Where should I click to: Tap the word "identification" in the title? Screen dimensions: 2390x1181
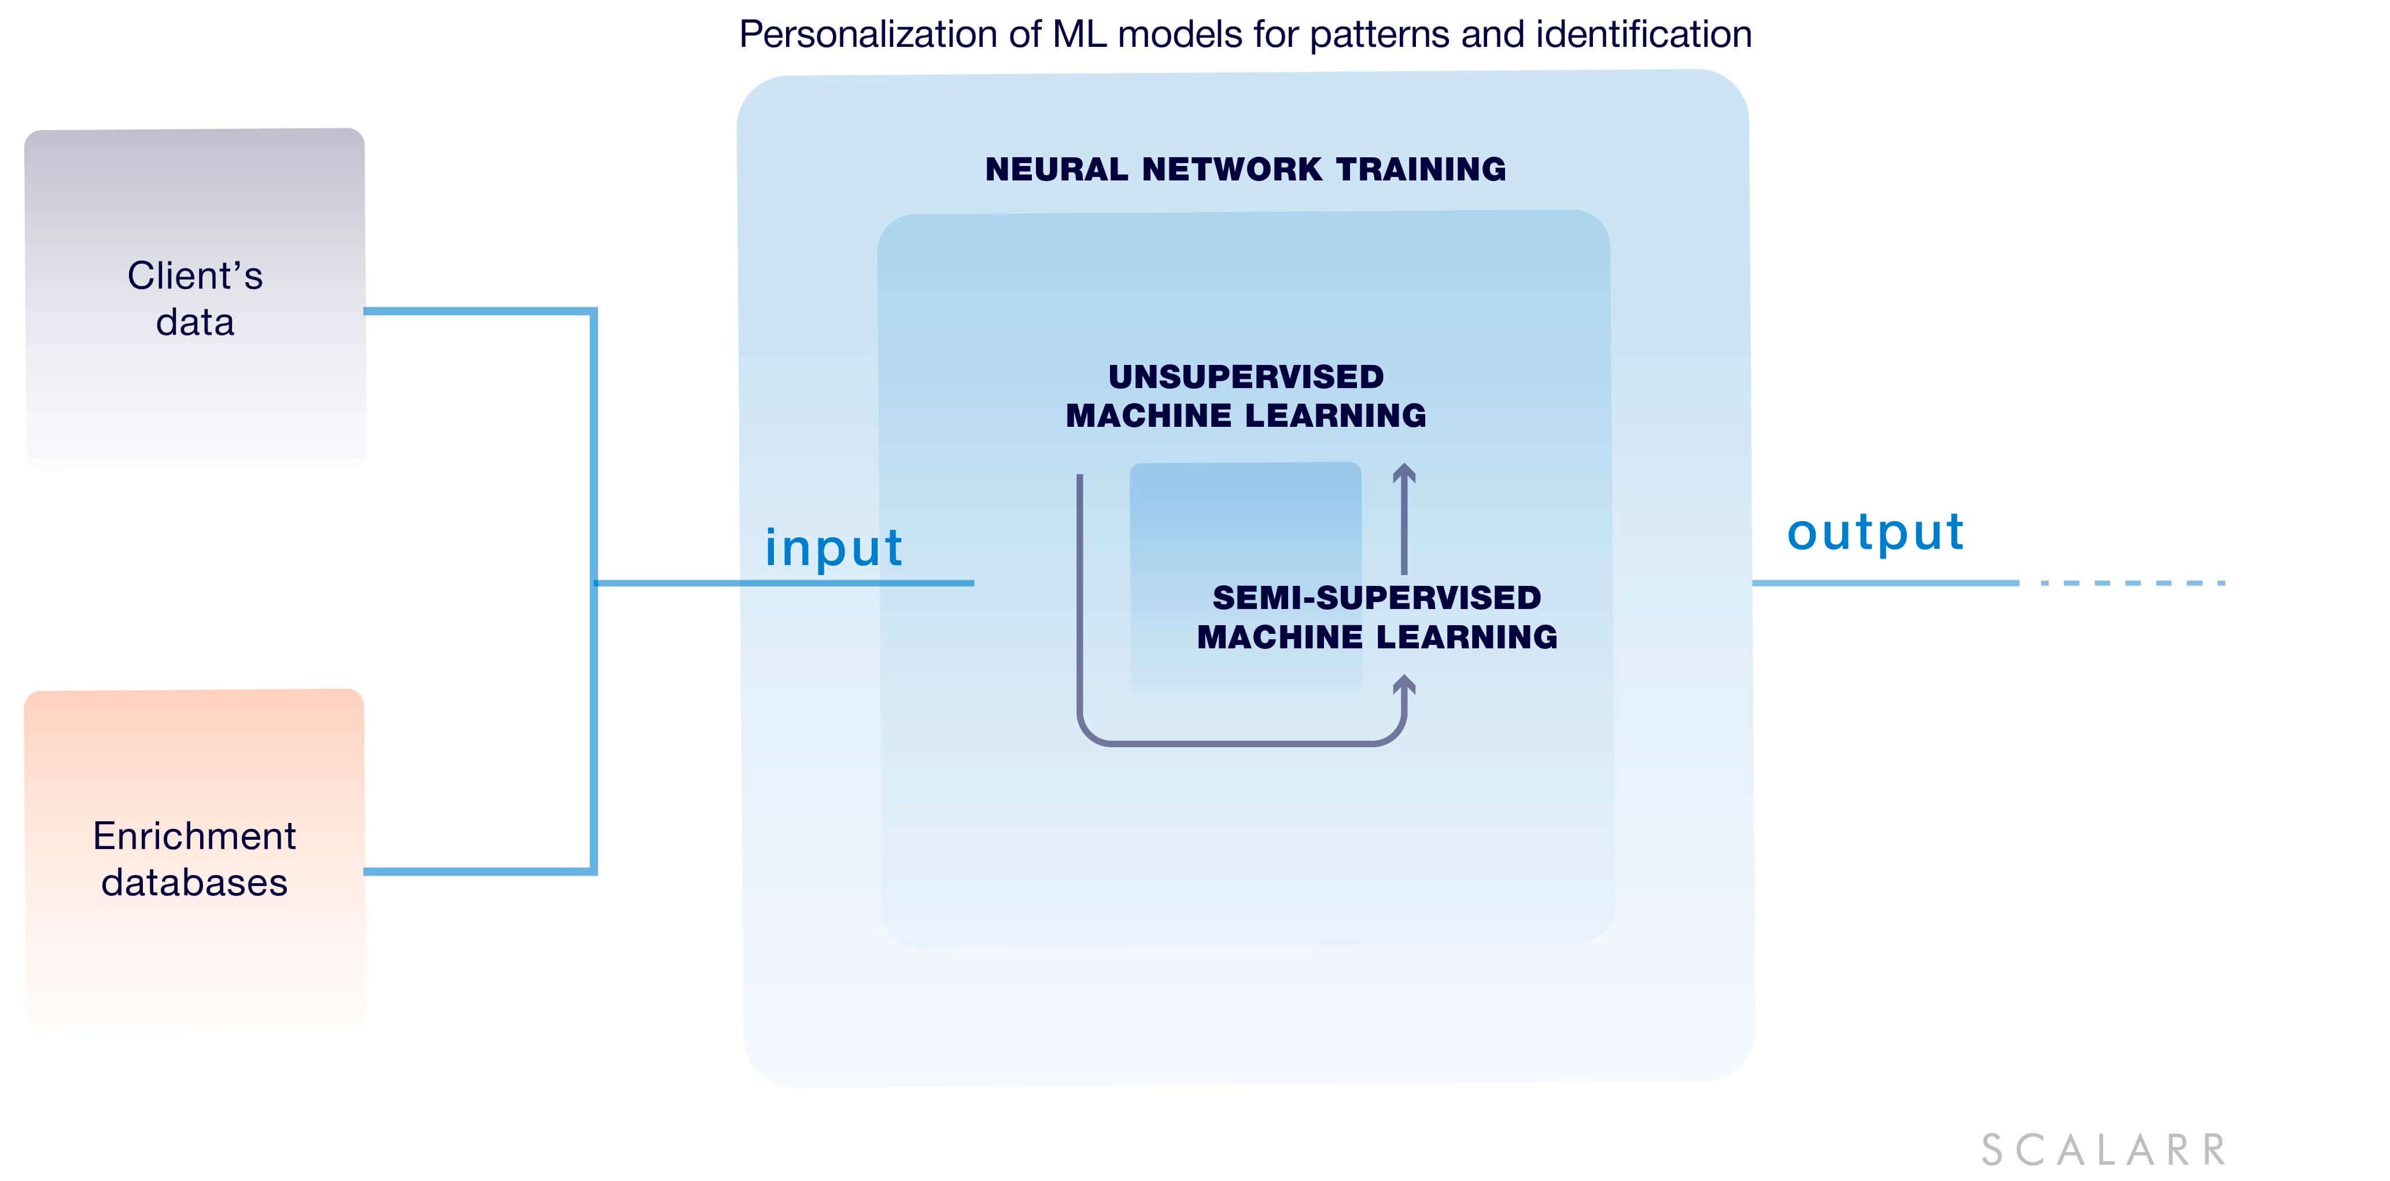coord(1644,34)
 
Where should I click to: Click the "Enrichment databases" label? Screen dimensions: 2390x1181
coord(195,859)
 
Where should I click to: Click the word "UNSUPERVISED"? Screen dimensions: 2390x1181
coord(1246,377)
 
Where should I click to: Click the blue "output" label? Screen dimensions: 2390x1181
coord(1875,533)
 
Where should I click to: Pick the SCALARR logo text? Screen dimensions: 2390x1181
coord(2103,1150)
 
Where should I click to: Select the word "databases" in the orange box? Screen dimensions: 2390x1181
coord(195,882)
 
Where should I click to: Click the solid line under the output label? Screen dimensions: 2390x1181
coord(1885,582)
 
